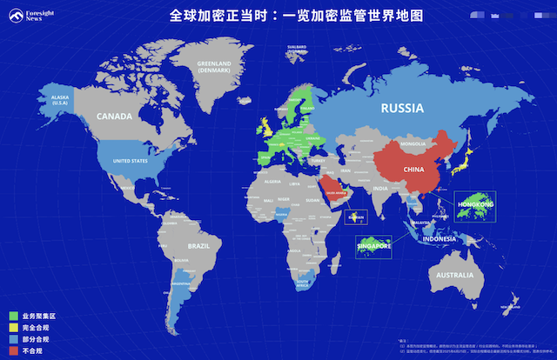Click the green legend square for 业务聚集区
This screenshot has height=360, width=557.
[14, 316]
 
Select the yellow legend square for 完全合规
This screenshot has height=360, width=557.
[14, 327]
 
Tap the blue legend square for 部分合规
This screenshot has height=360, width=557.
[14, 338]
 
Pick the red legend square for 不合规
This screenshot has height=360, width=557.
[14, 350]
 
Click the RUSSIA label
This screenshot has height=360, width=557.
[401, 109]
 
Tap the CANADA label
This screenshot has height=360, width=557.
[113, 116]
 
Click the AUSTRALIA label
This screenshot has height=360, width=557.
[454, 276]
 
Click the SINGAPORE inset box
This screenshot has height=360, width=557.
[372, 246]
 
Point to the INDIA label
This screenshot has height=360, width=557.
[380, 188]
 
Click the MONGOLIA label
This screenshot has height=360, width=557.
[411, 143]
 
